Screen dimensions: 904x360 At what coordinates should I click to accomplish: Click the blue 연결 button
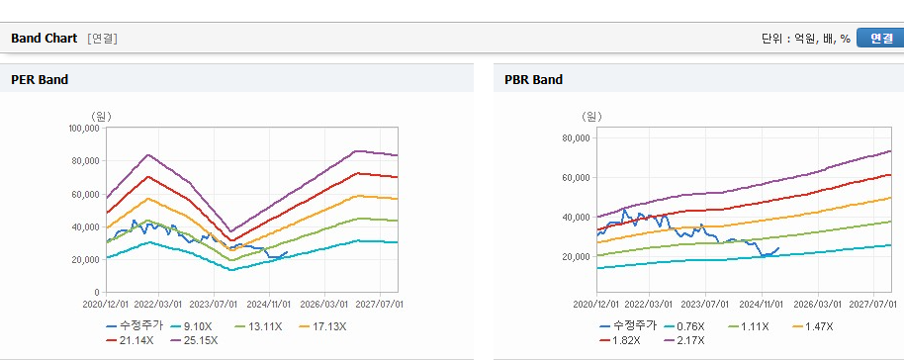pyautogui.click(x=880, y=38)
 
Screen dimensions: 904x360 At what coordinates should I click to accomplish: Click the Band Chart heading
pyautogui.click(x=44, y=38)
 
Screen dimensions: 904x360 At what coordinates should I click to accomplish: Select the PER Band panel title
pyautogui.click(x=40, y=79)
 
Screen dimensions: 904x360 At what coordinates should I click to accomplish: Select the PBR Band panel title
pyautogui.click(x=533, y=79)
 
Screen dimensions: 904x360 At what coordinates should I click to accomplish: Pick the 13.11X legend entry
pyautogui.click(x=259, y=326)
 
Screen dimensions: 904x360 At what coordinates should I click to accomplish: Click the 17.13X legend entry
pyautogui.click(x=322, y=326)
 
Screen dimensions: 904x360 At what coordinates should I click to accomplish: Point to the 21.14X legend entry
pyautogui.click(x=131, y=340)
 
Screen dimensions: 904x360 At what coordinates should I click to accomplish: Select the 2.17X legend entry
pyautogui.click(x=684, y=340)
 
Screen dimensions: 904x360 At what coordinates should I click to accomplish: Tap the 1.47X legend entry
pyautogui.click(x=813, y=326)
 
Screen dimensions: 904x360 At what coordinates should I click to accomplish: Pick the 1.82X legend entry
pyautogui.click(x=620, y=340)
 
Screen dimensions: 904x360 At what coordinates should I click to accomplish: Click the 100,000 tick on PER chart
pyautogui.click(x=84, y=128)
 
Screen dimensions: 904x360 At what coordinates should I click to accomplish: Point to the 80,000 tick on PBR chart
pyautogui.click(x=575, y=137)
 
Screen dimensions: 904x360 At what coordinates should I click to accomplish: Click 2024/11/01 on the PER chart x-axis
pyautogui.click(x=269, y=304)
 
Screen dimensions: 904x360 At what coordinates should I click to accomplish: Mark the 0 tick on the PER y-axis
pyautogui.click(x=97, y=293)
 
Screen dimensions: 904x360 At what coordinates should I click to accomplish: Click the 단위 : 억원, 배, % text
pyautogui.click(x=806, y=38)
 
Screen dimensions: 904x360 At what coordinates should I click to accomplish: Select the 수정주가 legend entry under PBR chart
pyautogui.click(x=628, y=326)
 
